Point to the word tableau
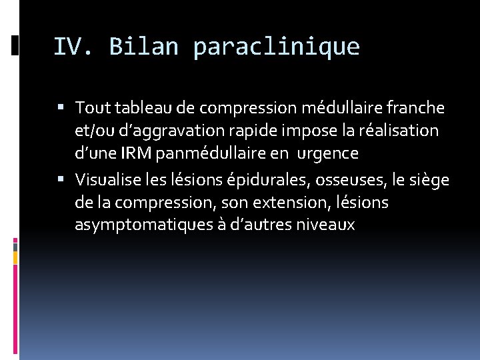[137, 107]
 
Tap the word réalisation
[399, 131]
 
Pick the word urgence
[327, 154]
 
